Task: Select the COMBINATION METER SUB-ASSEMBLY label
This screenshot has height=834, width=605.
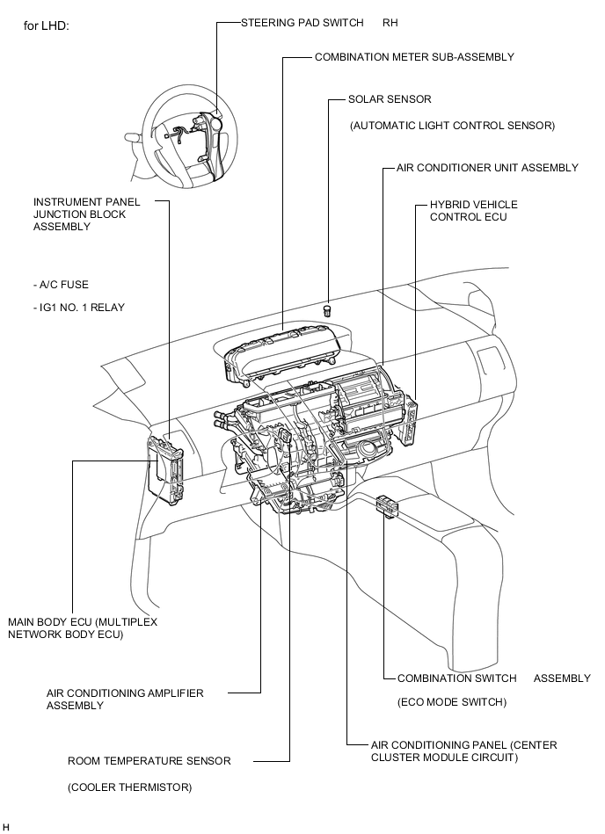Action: pos(414,57)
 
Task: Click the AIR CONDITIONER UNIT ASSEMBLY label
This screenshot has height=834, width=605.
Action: pos(487,168)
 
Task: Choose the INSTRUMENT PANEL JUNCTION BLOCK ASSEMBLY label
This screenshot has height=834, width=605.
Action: pos(86,214)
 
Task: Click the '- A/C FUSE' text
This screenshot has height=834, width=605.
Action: pos(61,285)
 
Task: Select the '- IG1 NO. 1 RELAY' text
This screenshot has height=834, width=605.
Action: pos(78,308)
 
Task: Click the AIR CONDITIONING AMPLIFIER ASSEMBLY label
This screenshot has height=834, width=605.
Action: pos(125,699)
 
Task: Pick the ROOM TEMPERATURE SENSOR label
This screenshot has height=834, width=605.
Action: pos(149,761)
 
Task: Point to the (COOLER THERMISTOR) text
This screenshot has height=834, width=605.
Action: pos(129,787)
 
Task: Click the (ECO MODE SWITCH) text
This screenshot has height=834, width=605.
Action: pos(452,702)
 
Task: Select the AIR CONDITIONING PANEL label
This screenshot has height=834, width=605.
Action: pos(463,751)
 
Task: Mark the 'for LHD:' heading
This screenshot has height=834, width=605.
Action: pos(46,26)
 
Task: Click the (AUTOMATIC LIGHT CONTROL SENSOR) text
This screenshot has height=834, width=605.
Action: pos(452,126)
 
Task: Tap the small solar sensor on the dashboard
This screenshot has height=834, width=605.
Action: pos(328,309)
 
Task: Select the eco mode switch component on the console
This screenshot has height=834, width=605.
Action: pos(386,506)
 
